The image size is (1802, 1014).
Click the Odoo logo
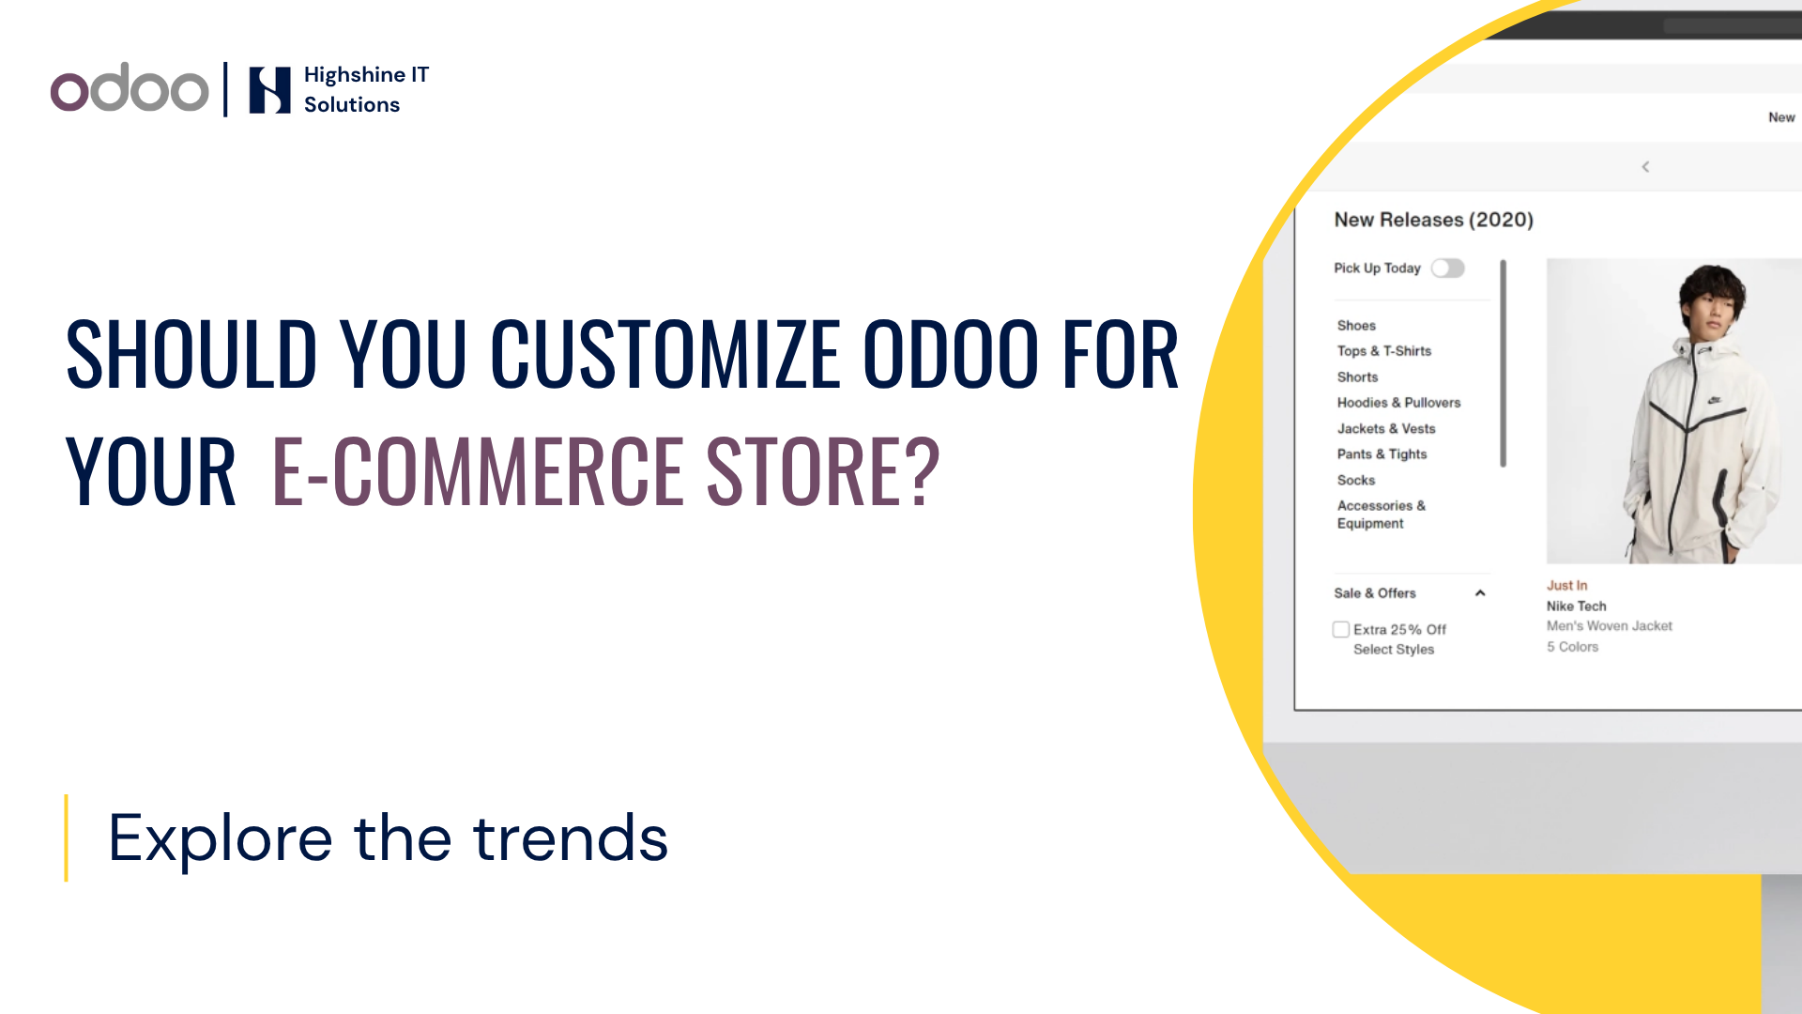[x=130, y=88]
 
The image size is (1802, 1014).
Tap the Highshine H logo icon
[x=269, y=90]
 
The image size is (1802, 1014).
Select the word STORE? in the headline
[x=822, y=470]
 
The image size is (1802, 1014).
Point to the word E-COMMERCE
[x=479, y=470]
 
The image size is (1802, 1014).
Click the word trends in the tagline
[x=571, y=837]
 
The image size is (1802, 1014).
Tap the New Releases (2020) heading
[x=1434, y=220]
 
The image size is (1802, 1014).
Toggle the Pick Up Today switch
[x=1447, y=269]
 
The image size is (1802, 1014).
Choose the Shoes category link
[x=1356, y=326]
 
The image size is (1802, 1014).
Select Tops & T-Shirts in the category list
[x=1384, y=351]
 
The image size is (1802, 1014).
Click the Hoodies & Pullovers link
[x=1398, y=403]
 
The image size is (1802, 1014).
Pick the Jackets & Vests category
[x=1386, y=429]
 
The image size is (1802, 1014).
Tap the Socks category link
[x=1356, y=481]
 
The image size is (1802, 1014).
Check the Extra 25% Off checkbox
[x=1341, y=629]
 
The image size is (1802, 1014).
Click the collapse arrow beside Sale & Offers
[x=1480, y=593]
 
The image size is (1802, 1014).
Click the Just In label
[x=1567, y=586]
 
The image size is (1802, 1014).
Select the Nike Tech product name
[x=1577, y=607]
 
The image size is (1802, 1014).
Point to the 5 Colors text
[x=1572, y=647]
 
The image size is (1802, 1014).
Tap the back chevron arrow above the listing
[x=1645, y=167]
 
